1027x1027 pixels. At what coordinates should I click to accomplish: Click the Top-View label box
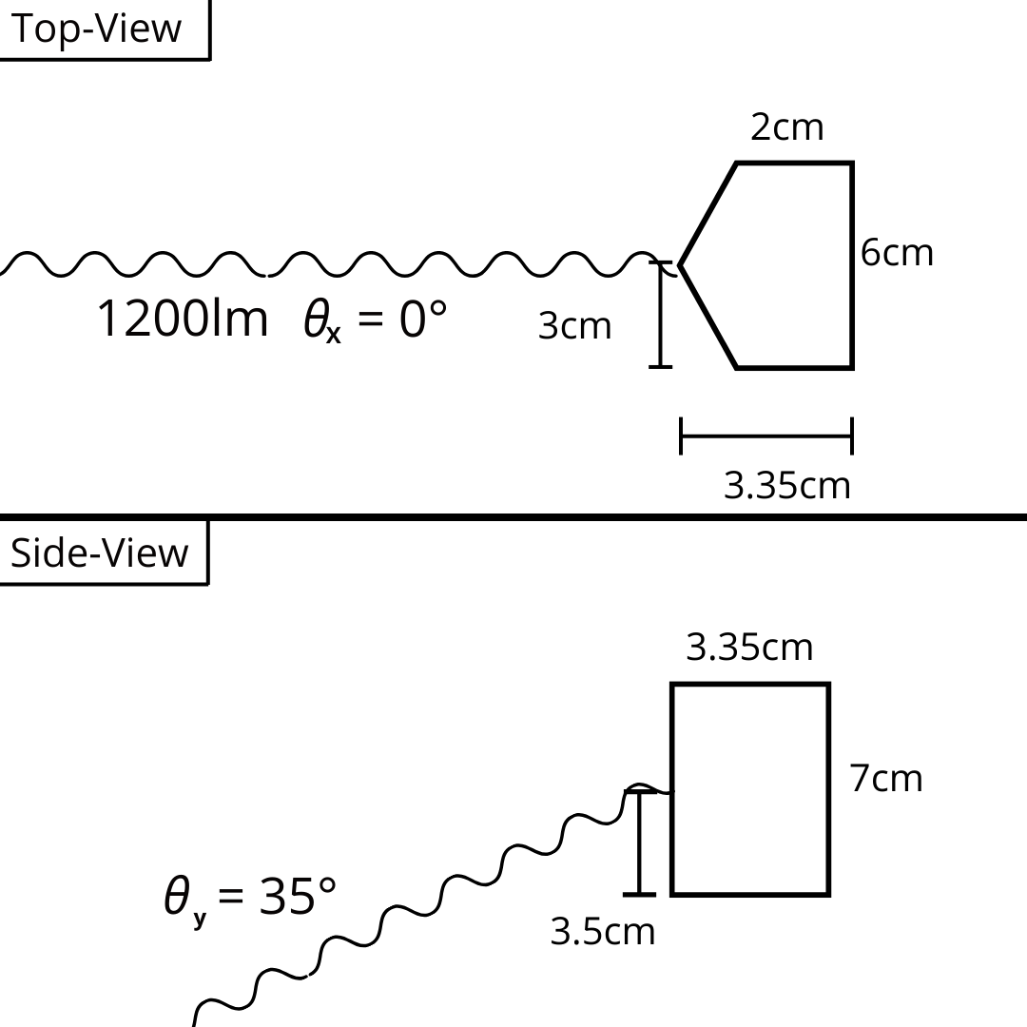105,29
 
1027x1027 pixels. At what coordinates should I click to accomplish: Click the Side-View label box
105,552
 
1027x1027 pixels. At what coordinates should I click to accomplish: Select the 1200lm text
183,319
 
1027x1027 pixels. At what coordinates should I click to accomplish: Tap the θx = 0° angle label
376,320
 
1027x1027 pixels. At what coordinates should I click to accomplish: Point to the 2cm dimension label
786,127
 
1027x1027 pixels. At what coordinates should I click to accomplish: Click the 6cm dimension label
897,253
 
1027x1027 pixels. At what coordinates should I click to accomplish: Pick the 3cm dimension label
574,325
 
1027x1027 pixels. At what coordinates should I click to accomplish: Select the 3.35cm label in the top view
786,486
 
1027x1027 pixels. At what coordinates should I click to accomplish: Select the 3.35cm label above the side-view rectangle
749,648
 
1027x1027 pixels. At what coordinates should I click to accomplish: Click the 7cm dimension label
886,779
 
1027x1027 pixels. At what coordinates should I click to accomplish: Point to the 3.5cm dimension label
603,931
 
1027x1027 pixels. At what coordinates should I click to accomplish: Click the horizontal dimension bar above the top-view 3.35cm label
766,436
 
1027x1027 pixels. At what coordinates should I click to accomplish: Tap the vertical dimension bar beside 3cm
660,315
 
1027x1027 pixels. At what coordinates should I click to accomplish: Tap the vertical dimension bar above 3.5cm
639,843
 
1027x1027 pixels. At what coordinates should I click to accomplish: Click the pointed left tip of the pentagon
681,265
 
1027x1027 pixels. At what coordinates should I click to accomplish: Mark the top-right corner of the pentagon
852,163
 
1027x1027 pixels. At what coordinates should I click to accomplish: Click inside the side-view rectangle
750,789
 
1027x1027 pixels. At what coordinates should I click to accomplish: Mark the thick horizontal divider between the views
513,517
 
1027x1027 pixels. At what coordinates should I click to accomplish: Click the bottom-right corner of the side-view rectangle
829,894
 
